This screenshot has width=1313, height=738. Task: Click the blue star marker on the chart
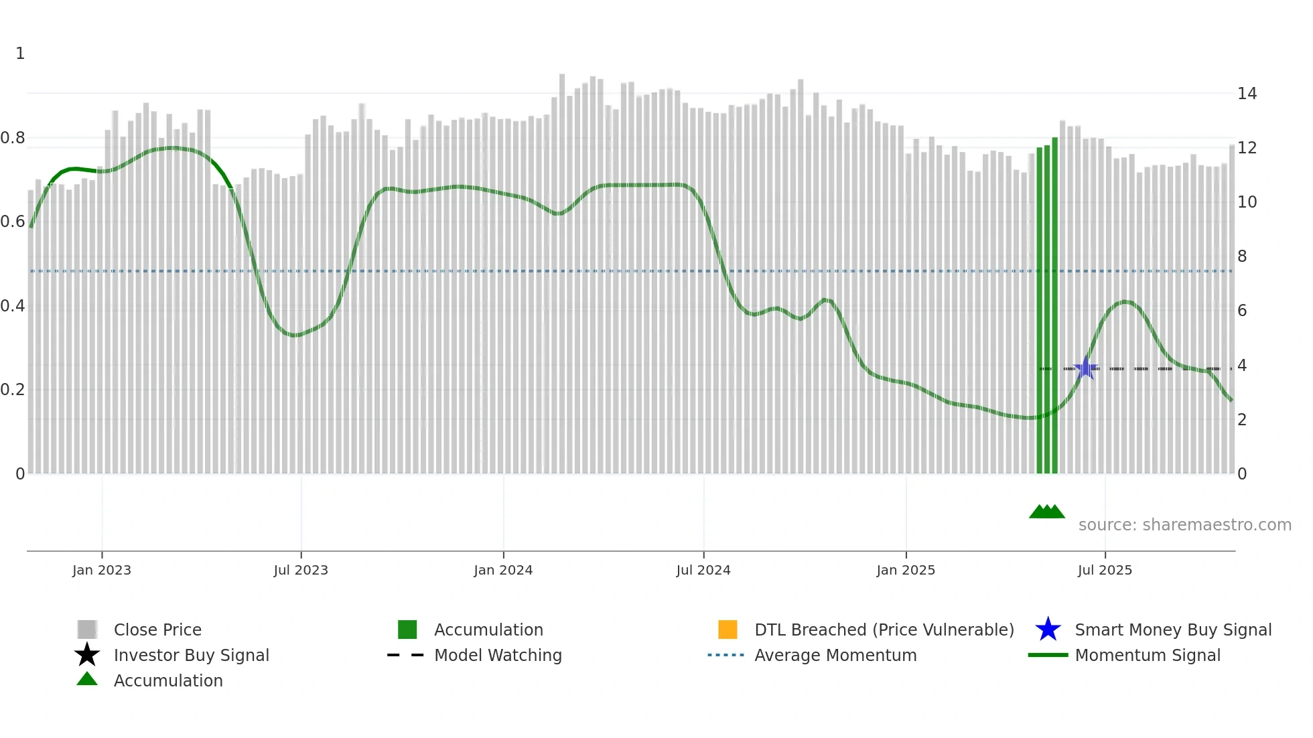(1085, 368)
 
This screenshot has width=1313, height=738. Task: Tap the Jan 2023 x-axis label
(102, 570)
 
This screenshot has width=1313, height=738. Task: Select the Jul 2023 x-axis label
(301, 570)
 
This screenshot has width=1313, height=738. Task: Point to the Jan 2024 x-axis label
(503, 570)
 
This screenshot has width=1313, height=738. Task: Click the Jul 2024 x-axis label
(703, 570)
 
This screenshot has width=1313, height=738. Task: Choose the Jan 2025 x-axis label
(906, 570)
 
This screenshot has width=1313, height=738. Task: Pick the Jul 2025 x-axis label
(1105, 570)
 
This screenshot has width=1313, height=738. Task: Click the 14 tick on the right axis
(1247, 94)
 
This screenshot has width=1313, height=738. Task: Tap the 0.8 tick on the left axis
(13, 138)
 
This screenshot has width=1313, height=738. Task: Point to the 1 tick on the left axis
(20, 54)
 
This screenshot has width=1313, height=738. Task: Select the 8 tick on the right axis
(1242, 256)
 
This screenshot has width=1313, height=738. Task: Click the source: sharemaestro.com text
(1184, 525)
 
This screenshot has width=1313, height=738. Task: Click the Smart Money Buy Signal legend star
(1048, 630)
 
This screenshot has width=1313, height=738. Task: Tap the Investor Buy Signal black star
(87, 655)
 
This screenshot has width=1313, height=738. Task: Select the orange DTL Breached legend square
(728, 630)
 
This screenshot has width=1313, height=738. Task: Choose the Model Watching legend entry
(498, 655)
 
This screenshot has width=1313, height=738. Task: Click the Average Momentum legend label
(835, 655)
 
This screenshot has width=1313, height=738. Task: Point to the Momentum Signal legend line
(1048, 655)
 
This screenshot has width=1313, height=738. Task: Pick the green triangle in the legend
(87, 680)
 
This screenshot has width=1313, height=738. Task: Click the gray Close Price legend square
(87, 630)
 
